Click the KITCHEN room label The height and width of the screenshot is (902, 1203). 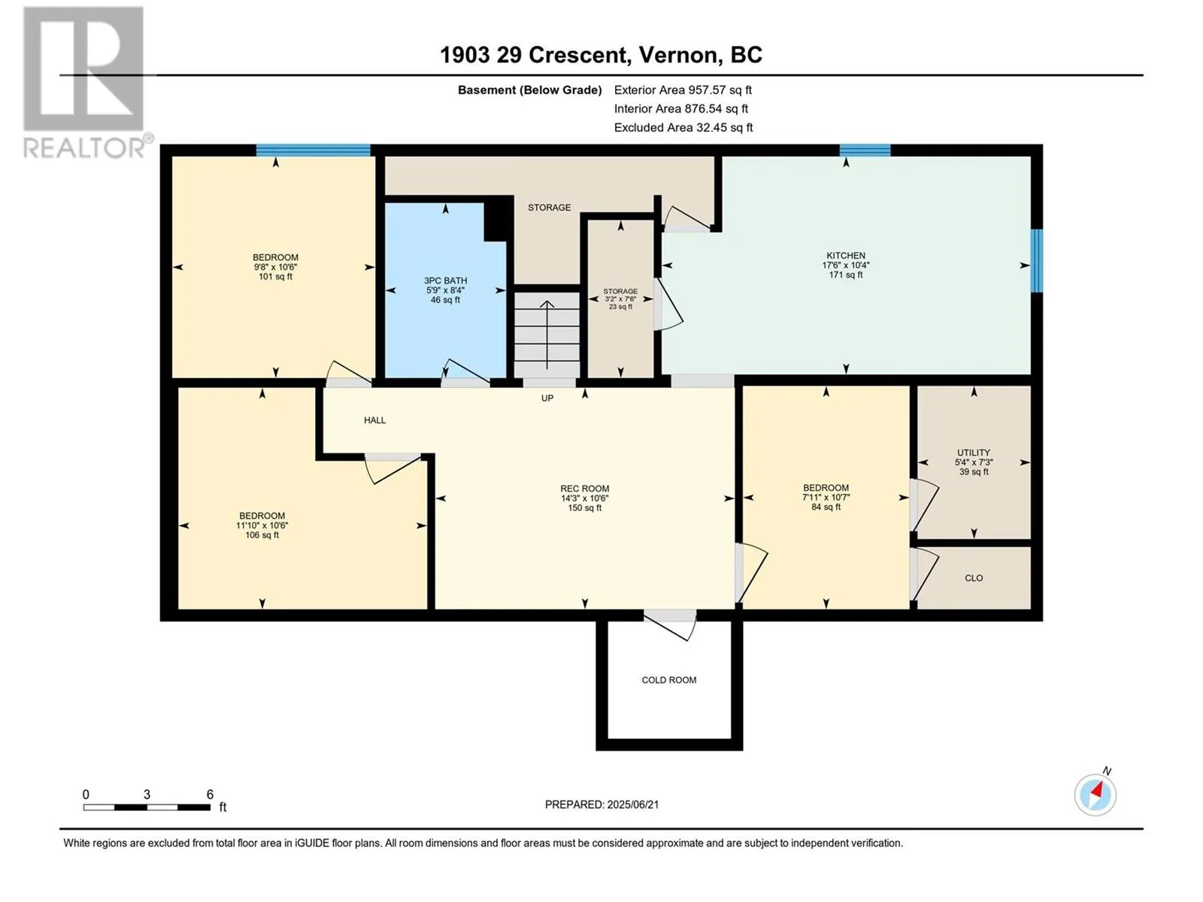pos(846,256)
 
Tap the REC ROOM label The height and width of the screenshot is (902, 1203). pos(584,489)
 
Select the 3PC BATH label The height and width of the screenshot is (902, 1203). pos(445,280)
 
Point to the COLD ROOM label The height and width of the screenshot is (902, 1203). pos(668,680)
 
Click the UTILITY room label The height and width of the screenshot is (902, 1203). pos(974,453)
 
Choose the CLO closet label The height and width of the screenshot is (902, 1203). pos(974,578)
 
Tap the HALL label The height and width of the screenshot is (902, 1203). pos(375,420)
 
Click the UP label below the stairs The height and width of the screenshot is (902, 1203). pos(547,398)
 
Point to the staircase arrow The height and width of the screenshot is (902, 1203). pos(547,334)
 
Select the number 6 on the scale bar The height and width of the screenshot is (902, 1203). pos(210,794)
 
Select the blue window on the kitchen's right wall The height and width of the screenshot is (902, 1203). pos(1036,261)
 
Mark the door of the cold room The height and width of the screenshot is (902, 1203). pos(669,625)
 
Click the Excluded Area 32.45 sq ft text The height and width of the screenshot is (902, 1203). pos(683,128)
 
